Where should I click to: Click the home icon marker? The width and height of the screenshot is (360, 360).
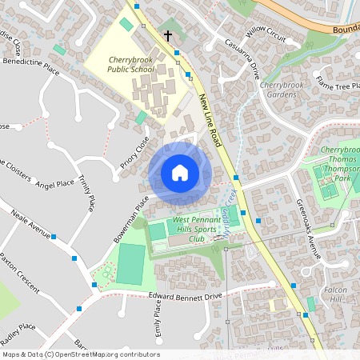coord(180,172)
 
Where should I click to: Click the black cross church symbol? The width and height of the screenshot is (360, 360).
coord(168,36)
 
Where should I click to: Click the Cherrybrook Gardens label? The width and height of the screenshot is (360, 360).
coord(283,90)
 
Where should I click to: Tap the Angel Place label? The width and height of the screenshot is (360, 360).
coord(55,185)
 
